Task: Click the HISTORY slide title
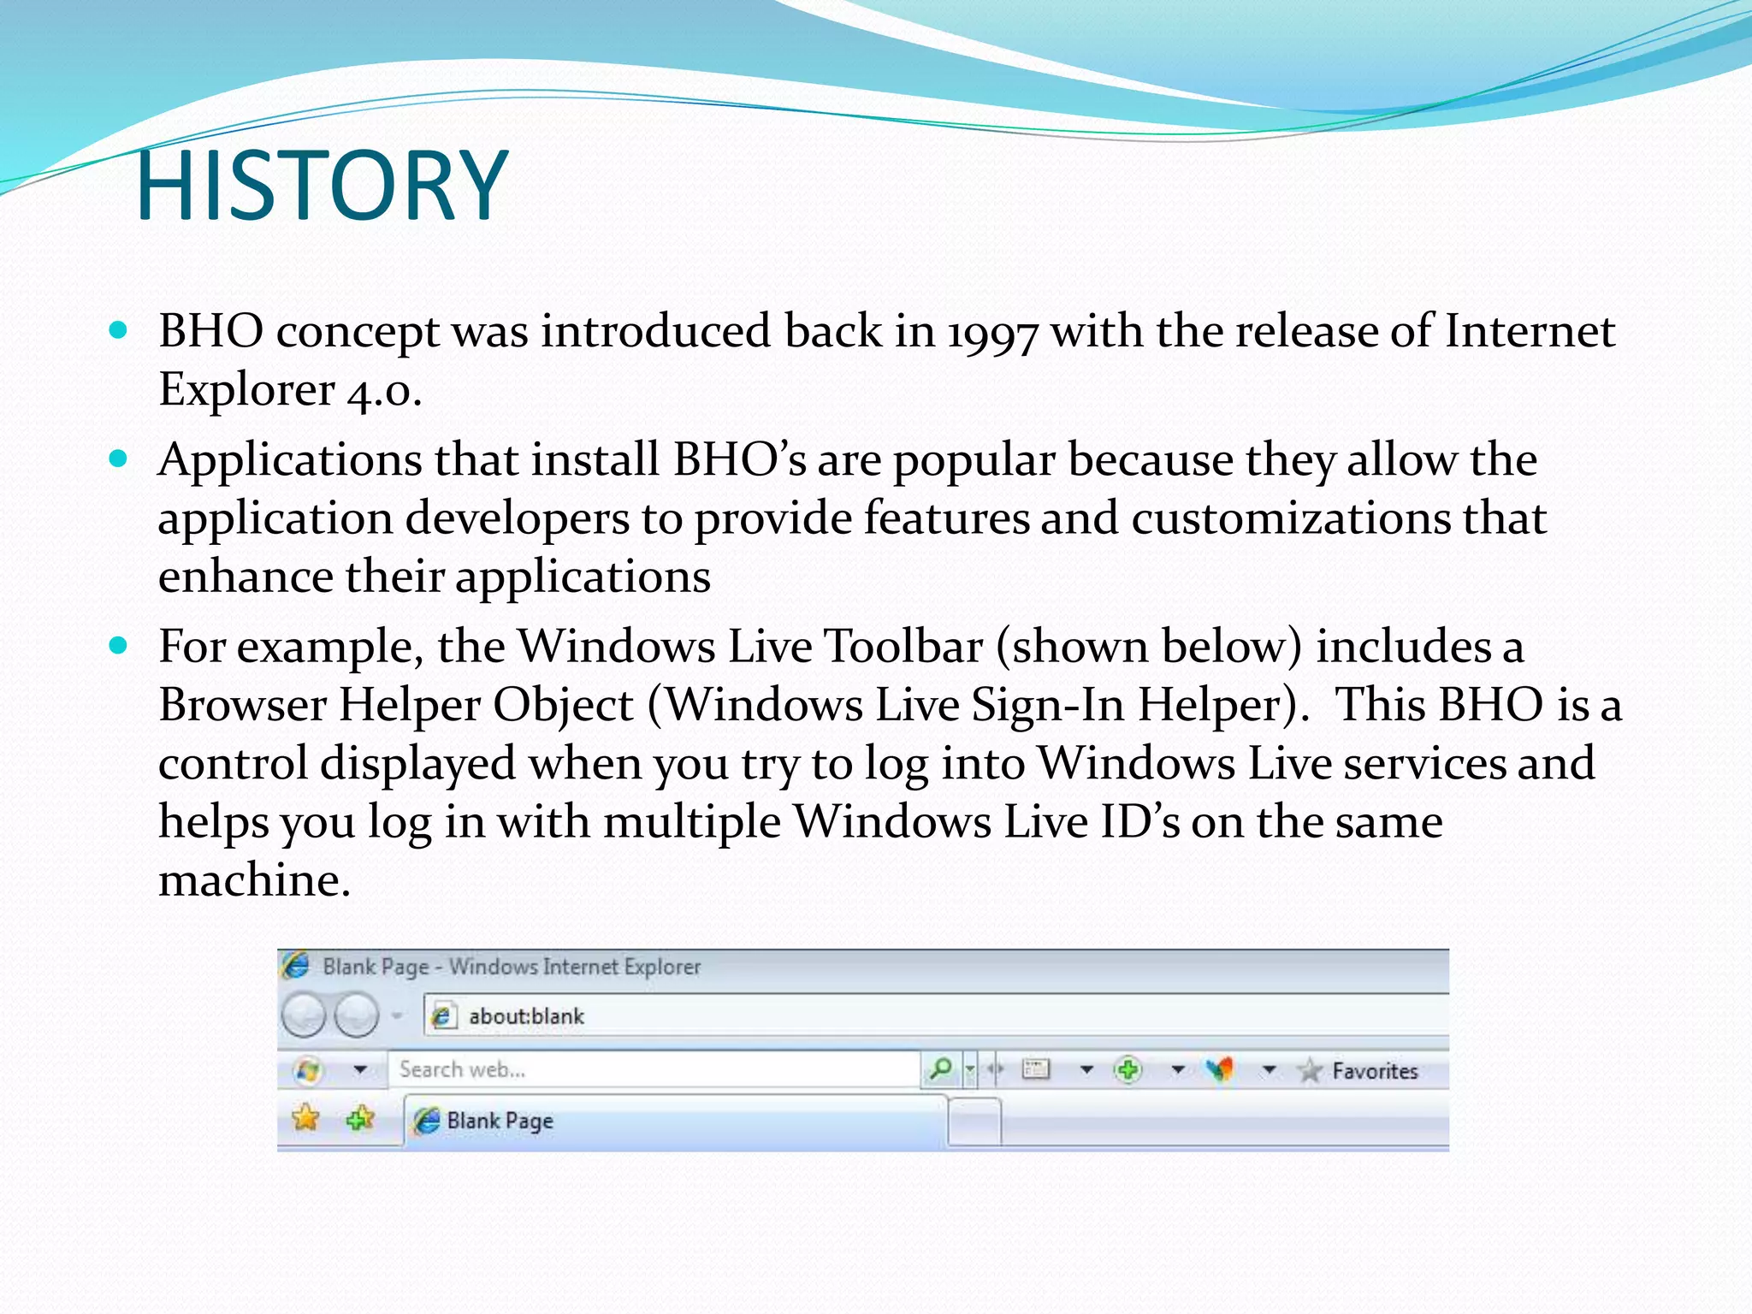coord(323,186)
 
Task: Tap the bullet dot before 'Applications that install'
coord(119,459)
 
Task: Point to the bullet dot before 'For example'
coord(119,645)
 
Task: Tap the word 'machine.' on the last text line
coord(254,880)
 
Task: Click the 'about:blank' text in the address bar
coord(526,1016)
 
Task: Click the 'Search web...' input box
coord(654,1069)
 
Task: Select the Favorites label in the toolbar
coord(1374,1071)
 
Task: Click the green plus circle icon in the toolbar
coord(1128,1069)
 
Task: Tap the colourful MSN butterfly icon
coord(1220,1069)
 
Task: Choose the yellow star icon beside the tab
coord(305,1118)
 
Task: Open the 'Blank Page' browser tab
coord(500,1121)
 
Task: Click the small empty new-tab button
coord(974,1121)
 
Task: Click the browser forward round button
coord(355,1015)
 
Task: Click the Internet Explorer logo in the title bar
coord(296,966)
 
